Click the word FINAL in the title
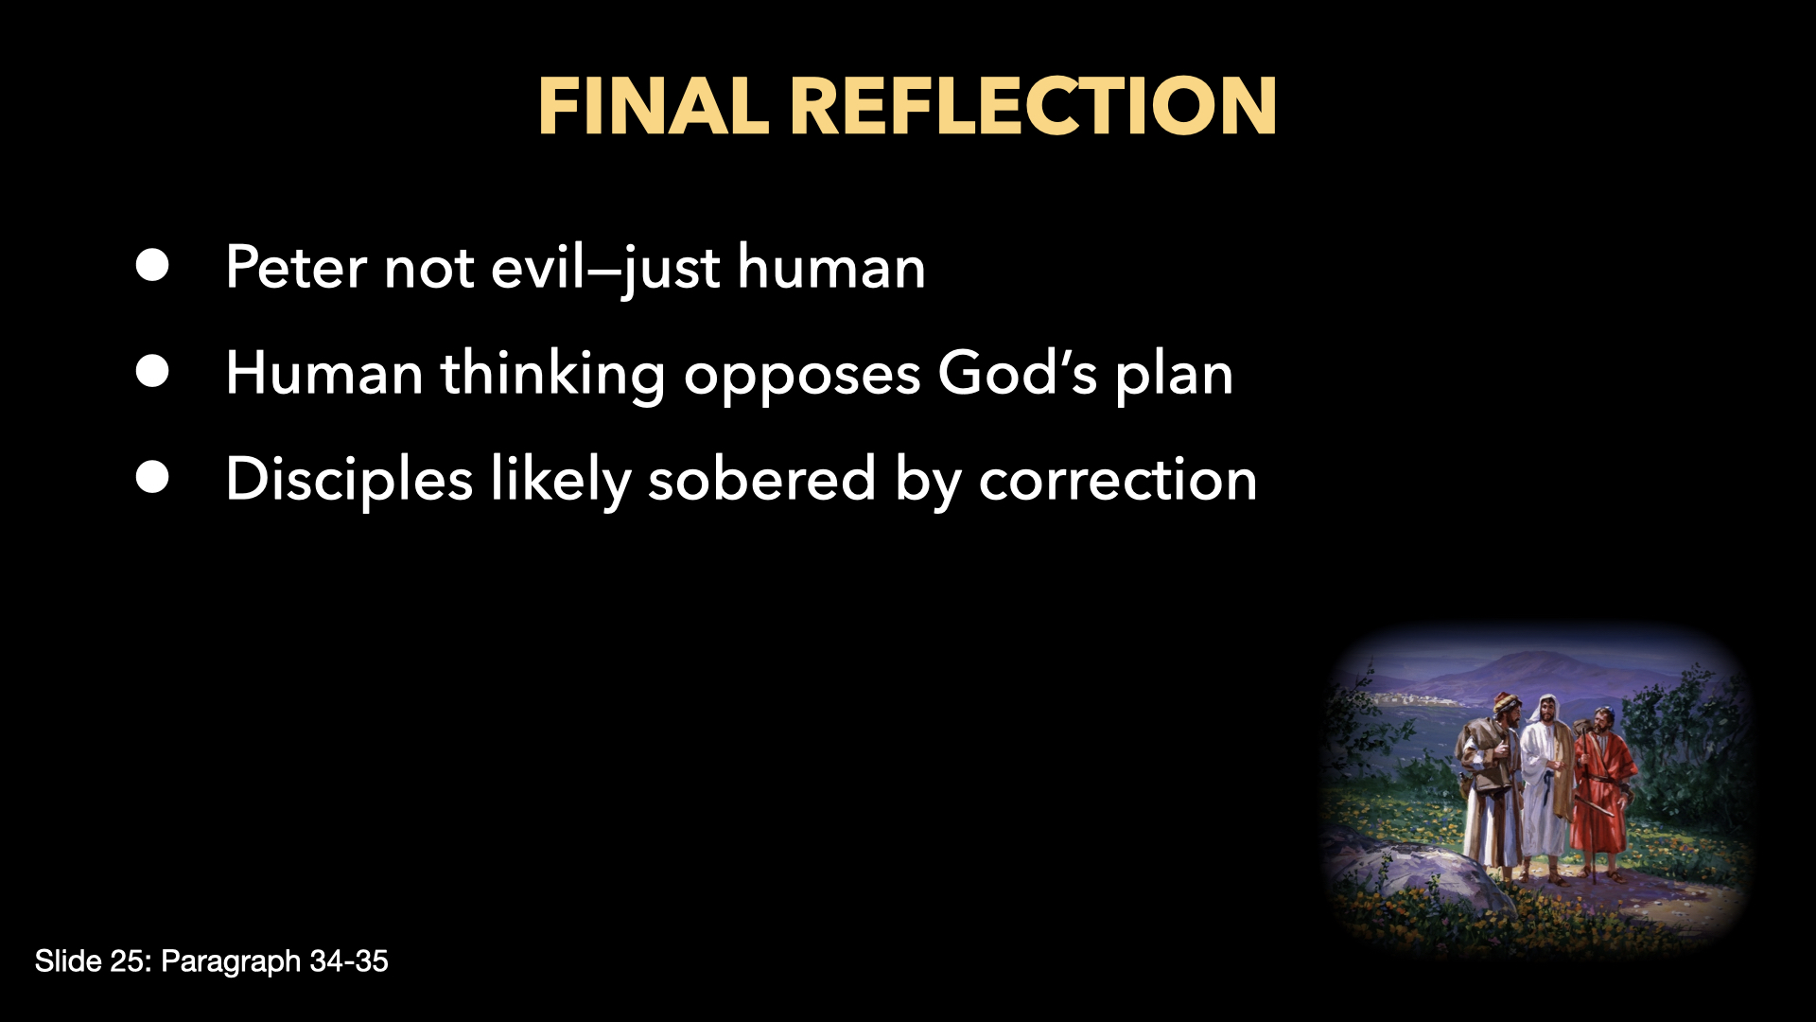[653, 106]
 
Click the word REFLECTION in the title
[1032, 106]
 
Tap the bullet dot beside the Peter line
[152, 266]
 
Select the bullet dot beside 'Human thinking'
[152, 372]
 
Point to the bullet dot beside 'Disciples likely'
[152, 478]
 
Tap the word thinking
[553, 374]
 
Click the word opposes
[802, 376]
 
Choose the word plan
[1174, 376]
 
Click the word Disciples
[349, 480]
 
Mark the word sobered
[761, 480]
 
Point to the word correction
[1117, 480]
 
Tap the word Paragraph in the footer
[231, 961]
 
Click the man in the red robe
[1601, 790]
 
